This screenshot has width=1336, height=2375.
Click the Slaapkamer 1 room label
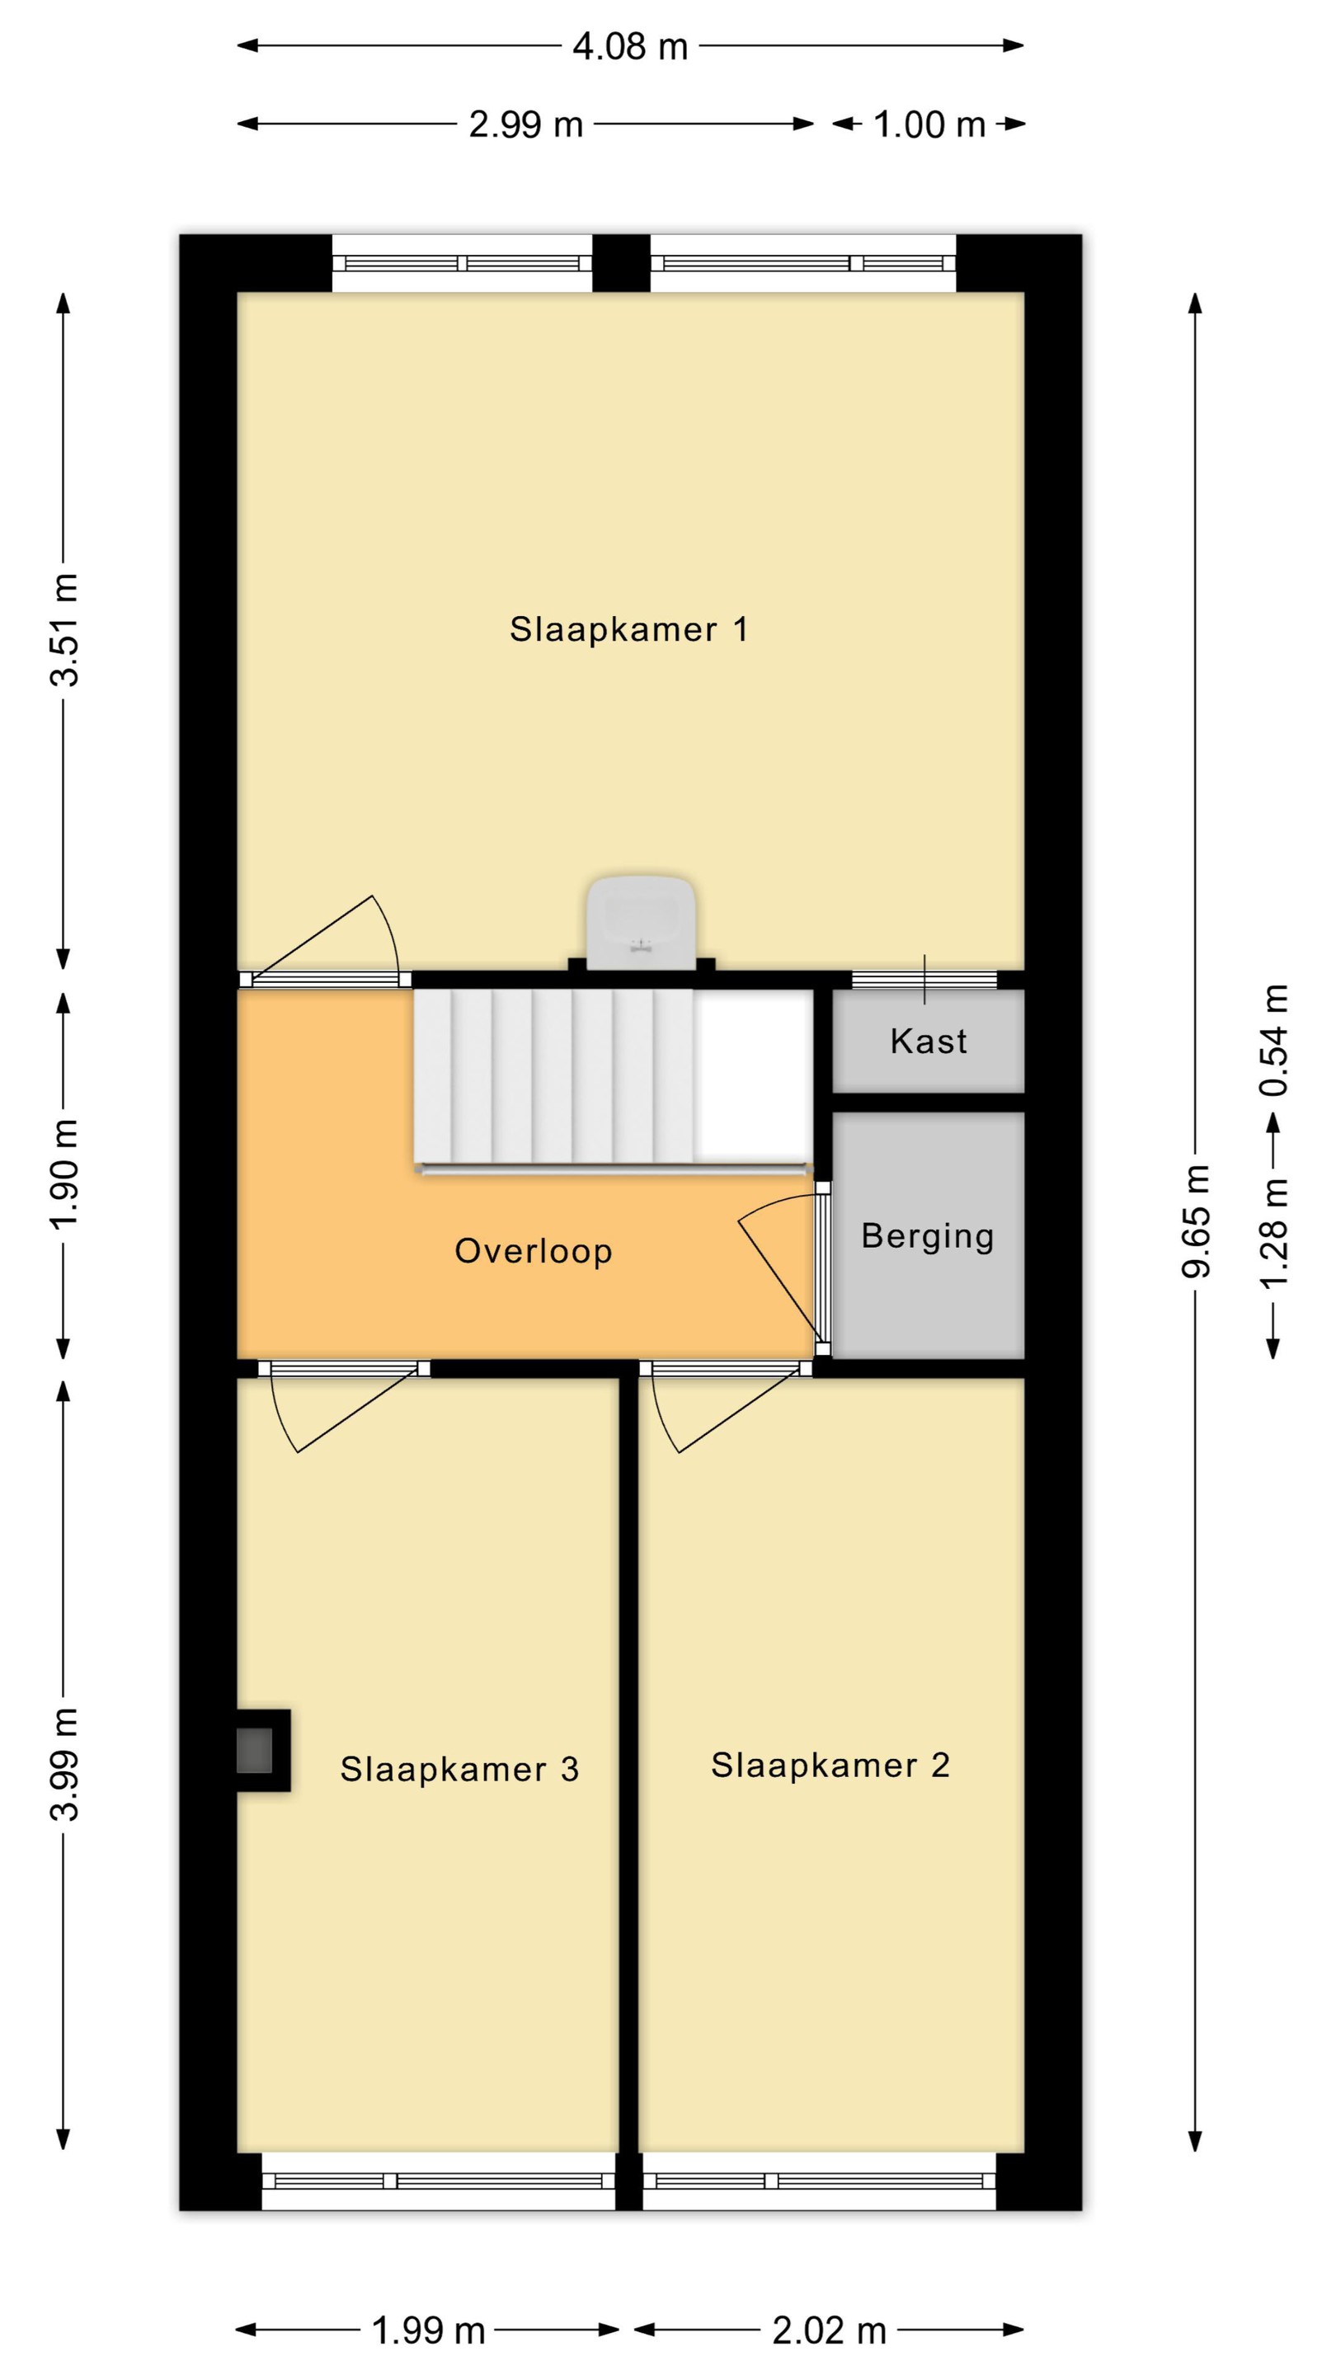point(628,630)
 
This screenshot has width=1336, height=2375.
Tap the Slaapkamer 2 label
point(830,1765)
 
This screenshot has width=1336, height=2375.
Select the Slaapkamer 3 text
point(459,1768)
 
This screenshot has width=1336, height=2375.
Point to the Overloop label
point(533,1250)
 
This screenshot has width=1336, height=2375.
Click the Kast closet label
point(929,1041)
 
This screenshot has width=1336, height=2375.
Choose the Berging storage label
point(928,1236)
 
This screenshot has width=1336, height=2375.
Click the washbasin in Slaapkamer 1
point(641,922)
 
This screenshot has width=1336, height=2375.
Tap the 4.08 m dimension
point(631,46)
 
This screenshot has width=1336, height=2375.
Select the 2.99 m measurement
point(525,125)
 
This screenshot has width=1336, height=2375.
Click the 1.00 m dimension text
point(929,125)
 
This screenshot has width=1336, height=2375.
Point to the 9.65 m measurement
point(1196,1220)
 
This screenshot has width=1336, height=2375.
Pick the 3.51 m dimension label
point(64,630)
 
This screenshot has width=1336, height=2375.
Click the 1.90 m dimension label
point(64,1174)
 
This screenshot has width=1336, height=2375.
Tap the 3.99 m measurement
point(64,1764)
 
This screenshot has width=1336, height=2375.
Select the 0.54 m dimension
point(1273,1040)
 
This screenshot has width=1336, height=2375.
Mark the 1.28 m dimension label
point(1273,1234)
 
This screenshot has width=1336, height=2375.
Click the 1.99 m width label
point(428,2330)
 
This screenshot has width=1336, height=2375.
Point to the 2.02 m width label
point(829,2330)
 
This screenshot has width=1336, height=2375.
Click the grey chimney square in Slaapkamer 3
point(255,1751)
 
